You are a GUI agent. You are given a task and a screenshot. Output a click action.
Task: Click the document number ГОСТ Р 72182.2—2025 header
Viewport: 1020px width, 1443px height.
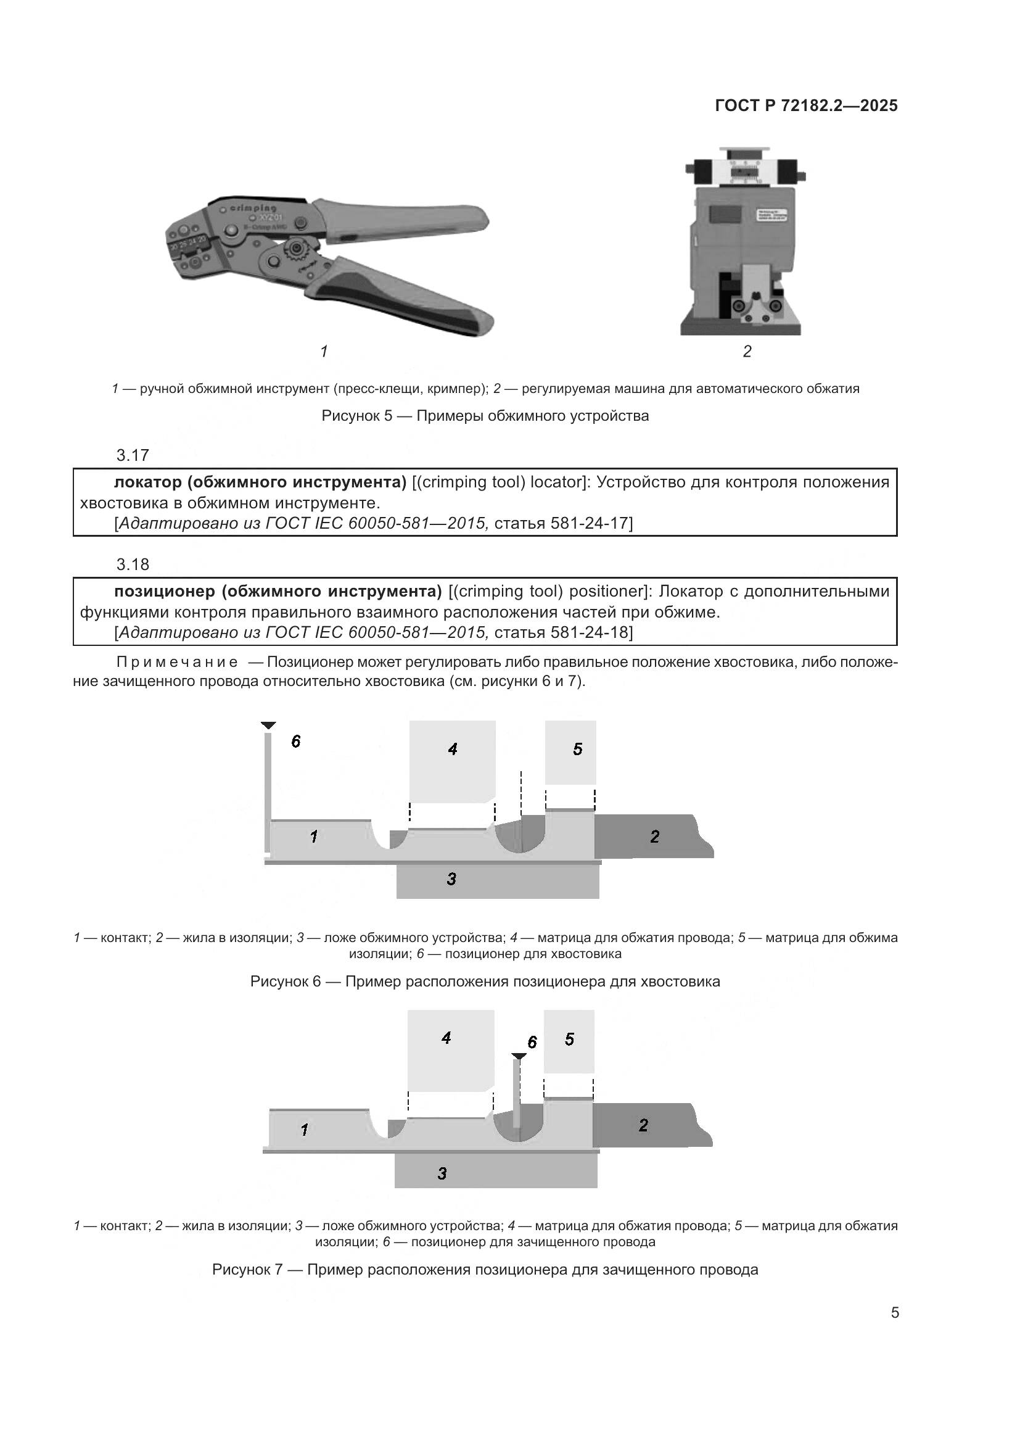click(807, 105)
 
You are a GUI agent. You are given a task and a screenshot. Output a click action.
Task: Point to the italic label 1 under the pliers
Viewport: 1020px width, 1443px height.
click(324, 351)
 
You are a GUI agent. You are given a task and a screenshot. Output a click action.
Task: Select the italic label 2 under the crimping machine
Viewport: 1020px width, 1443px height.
click(747, 351)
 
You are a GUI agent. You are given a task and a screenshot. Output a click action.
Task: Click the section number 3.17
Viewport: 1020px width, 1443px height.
click(133, 455)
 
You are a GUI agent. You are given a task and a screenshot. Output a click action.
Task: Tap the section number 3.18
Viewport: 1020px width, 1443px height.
click(133, 564)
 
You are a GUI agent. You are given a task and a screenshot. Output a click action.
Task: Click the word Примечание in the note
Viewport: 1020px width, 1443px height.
click(177, 663)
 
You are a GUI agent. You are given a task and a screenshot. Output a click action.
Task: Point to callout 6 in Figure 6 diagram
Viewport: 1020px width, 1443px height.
click(296, 742)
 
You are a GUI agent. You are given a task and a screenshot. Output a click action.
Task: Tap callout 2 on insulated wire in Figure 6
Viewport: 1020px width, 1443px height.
click(654, 837)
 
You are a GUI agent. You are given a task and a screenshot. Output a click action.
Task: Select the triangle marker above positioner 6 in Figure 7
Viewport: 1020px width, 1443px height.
click(518, 1056)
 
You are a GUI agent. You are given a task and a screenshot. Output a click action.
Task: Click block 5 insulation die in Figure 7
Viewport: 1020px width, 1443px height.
click(569, 1040)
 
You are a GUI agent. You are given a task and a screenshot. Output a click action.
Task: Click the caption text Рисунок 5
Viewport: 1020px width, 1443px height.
click(355, 416)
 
